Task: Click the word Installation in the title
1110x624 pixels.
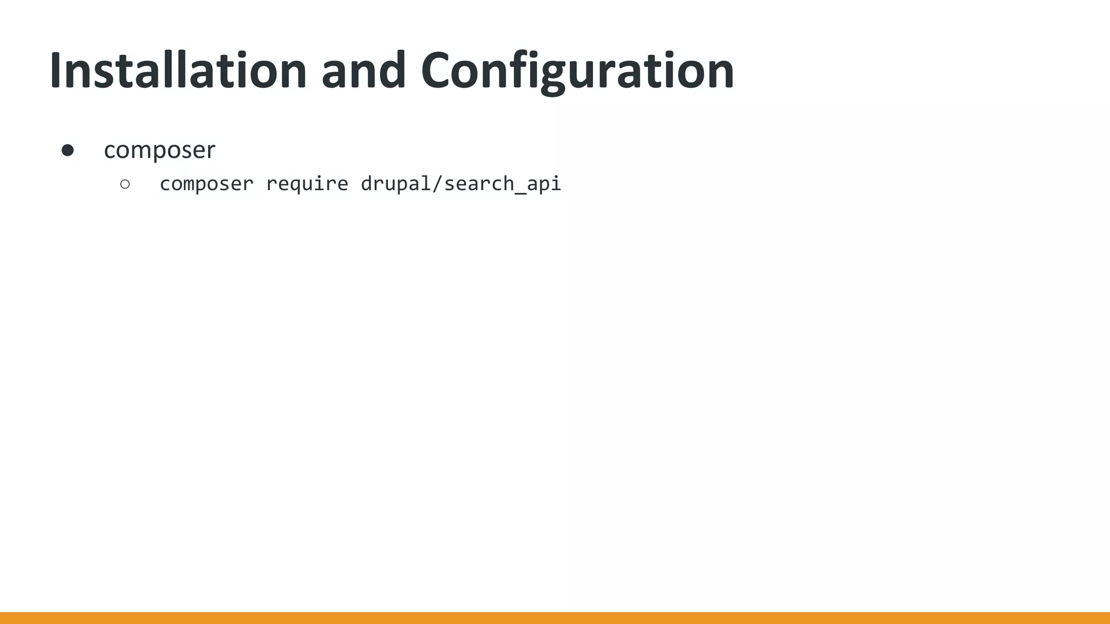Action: coord(178,70)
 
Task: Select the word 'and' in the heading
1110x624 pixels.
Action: coord(363,70)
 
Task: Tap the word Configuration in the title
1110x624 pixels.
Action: coord(577,70)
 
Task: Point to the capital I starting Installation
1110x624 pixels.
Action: coord(56,70)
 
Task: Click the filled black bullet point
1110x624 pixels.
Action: coord(68,150)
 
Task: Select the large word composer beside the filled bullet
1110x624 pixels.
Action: coord(159,150)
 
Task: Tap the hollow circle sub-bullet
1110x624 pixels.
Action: coord(125,184)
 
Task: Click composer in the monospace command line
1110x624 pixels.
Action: coord(206,184)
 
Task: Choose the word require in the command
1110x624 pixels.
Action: coord(307,184)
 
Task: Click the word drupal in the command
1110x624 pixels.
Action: coord(395,184)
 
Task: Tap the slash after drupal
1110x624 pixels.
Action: coord(437,184)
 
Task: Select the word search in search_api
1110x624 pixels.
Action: coord(477,184)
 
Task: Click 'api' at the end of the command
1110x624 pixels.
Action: coord(544,184)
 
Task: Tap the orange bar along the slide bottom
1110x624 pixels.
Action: coord(555,617)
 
